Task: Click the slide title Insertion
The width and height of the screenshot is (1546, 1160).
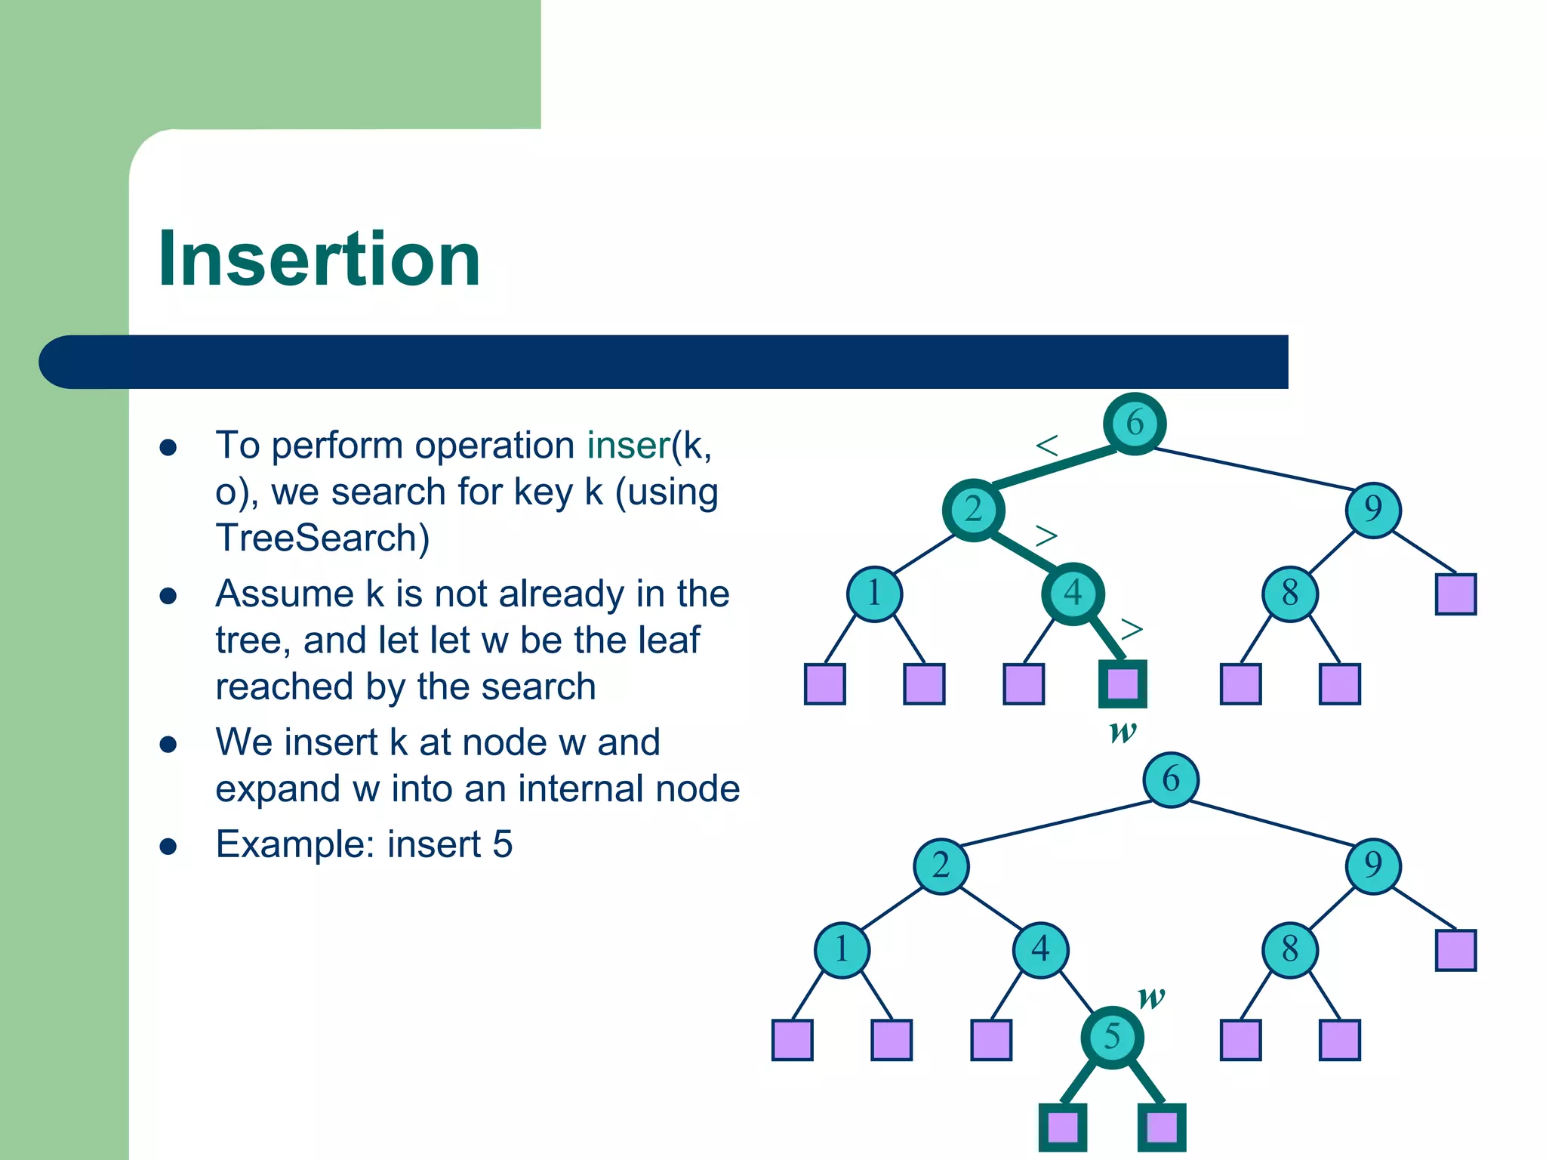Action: pos(319,259)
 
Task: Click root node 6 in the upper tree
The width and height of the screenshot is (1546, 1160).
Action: pos(1134,423)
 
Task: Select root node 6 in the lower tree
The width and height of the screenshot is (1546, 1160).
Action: pos(1170,779)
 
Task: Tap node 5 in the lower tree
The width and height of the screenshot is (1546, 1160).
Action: pos(1112,1037)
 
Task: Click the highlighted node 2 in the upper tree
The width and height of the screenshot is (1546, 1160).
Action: pos(973,510)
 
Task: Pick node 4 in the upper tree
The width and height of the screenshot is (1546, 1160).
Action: pos(1073,594)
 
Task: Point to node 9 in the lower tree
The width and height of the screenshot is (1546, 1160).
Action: pos(1373,865)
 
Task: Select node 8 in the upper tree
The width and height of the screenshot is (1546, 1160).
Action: pos(1289,594)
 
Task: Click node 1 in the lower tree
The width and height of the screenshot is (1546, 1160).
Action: pos(842,949)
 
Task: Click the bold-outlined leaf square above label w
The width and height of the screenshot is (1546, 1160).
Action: pos(1123,684)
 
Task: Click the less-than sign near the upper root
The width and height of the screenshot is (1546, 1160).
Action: pos(1047,446)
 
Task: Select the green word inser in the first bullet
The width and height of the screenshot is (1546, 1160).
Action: pos(628,446)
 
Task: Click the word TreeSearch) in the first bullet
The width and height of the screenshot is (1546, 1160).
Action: pos(322,538)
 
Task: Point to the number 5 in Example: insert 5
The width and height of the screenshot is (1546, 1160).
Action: pos(503,844)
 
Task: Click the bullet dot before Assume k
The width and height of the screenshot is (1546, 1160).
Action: pos(168,596)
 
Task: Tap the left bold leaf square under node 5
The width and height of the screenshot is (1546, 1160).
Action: pos(1063,1128)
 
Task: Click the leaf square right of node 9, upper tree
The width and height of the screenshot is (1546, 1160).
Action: pos(1455,594)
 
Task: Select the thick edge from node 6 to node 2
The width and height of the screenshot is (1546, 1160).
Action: pos(1054,466)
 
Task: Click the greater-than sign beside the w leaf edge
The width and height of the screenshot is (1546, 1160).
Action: pos(1132,628)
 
